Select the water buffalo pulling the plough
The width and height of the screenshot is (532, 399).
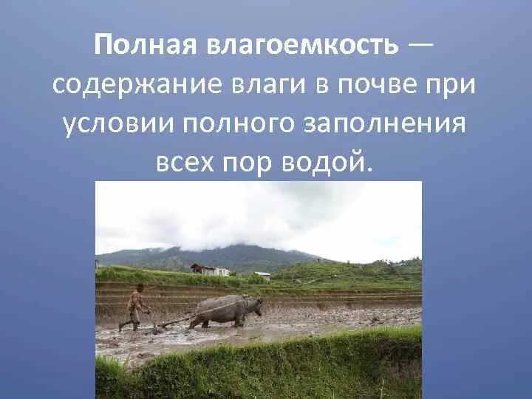(222, 310)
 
